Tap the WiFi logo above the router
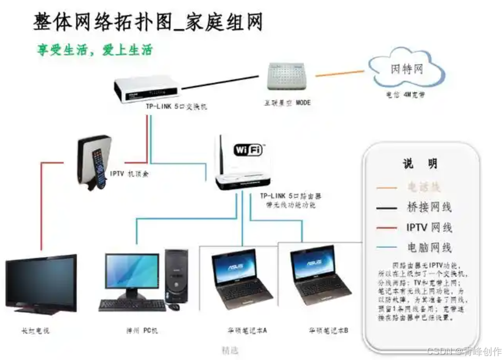click(x=248, y=150)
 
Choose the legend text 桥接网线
click(x=429, y=207)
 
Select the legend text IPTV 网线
click(x=429, y=227)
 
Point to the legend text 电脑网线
click(x=429, y=247)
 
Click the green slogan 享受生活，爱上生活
click(x=95, y=50)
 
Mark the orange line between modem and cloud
click(x=340, y=74)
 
